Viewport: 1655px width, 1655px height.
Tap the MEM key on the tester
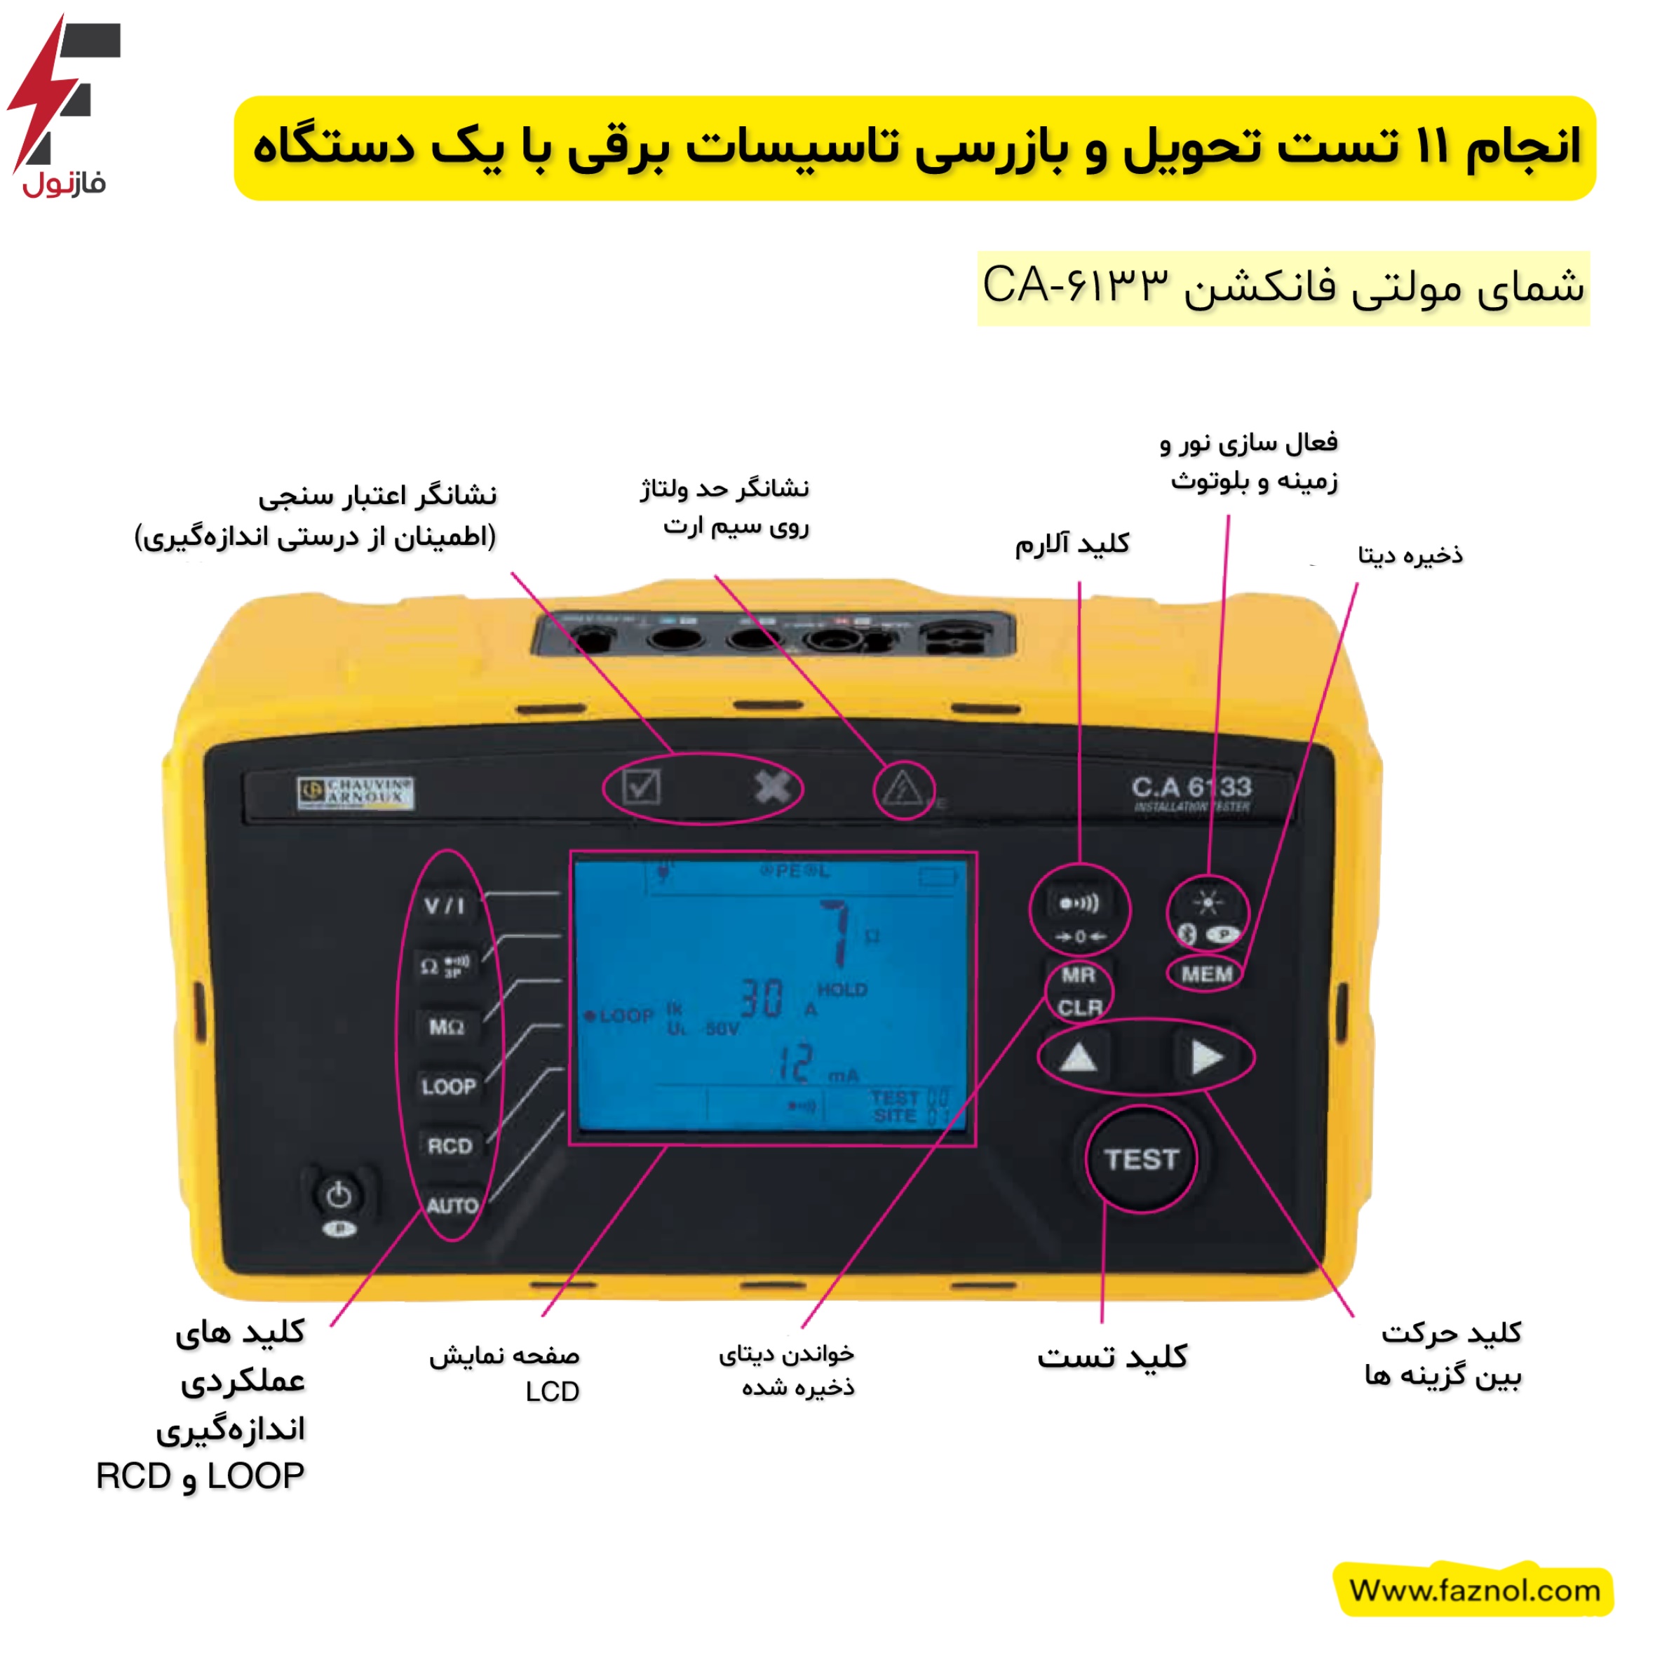pyautogui.click(x=1206, y=974)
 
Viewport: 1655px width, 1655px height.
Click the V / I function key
pyautogui.click(x=445, y=905)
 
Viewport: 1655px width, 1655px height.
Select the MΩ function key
pyautogui.click(x=446, y=1026)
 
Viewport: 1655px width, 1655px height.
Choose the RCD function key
pyautogui.click(x=450, y=1146)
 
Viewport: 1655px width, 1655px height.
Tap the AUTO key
pyautogui.click(x=452, y=1206)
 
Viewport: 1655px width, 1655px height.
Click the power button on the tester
pyautogui.click(x=339, y=1195)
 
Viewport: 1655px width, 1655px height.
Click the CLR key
pyautogui.click(x=1079, y=1008)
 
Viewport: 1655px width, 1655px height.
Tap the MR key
pyautogui.click(x=1078, y=975)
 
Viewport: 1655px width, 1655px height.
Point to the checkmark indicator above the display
pyautogui.click(x=641, y=786)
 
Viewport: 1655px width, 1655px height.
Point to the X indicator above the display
pyautogui.click(x=772, y=786)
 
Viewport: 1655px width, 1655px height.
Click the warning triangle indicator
pyautogui.click(x=902, y=788)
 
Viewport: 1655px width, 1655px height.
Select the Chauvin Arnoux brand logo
pyautogui.click(x=356, y=792)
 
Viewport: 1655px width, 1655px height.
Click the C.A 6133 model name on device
pyautogui.click(x=1191, y=788)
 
